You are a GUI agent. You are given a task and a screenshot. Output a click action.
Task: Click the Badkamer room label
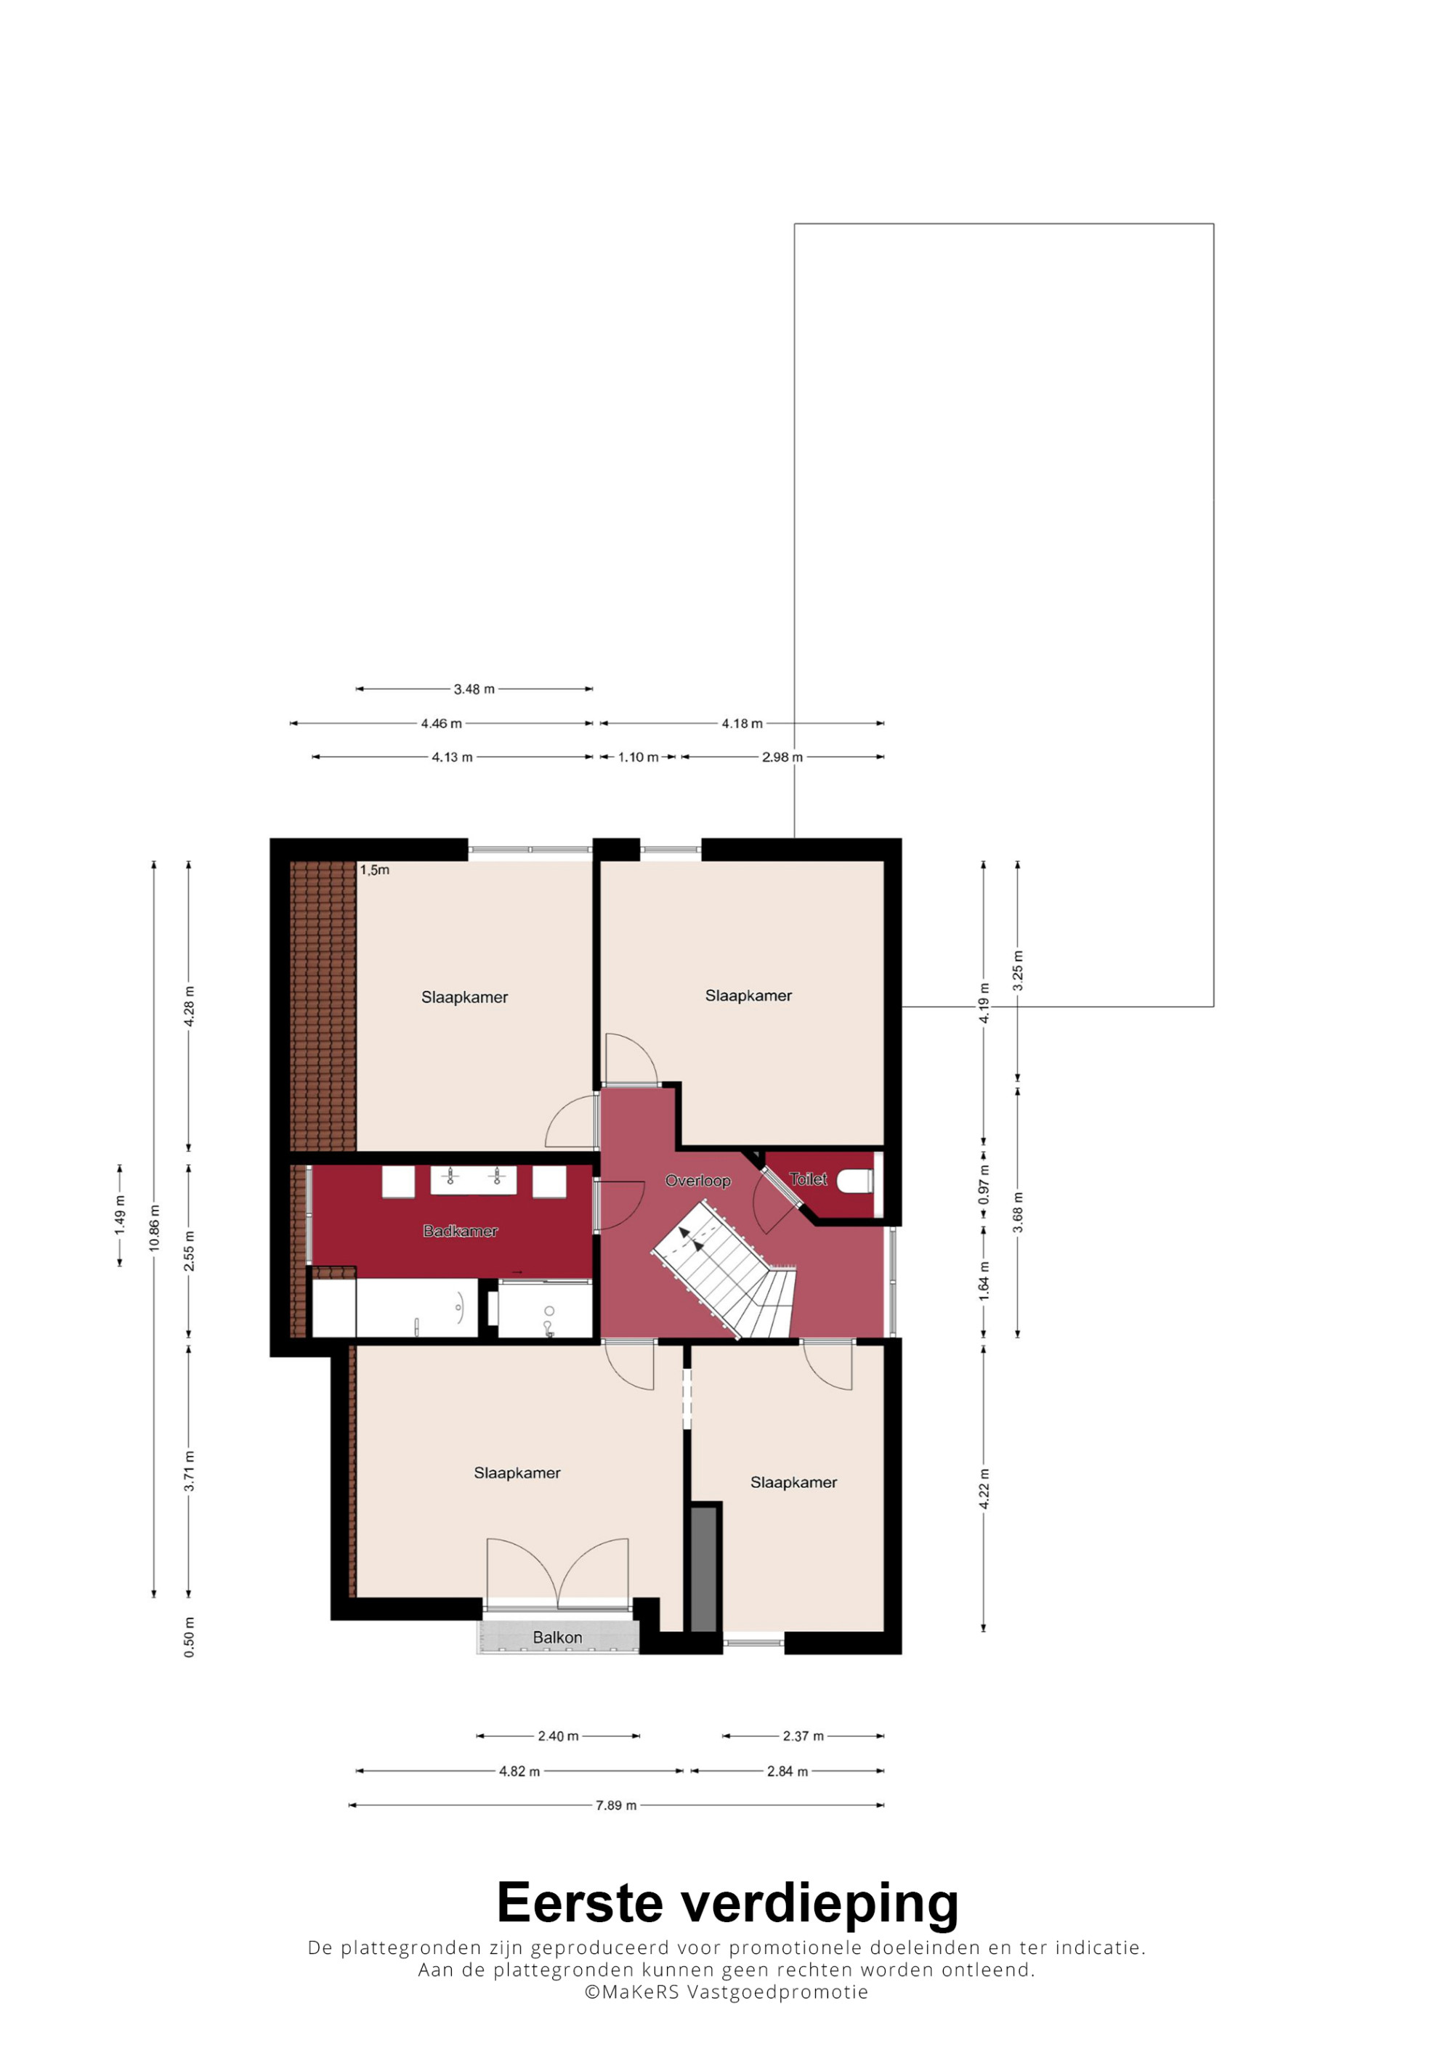click(x=460, y=1231)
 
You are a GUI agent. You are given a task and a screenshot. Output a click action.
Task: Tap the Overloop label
click(x=697, y=1181)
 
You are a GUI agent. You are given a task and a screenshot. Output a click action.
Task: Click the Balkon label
click(x=556, y=1637)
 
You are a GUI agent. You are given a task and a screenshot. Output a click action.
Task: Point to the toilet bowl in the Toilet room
click(x=854, y=1182)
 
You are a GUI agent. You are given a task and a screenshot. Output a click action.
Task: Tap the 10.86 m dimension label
click(x=154, y=1228)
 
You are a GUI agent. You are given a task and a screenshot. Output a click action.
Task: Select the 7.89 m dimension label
click(x=616, y=1805)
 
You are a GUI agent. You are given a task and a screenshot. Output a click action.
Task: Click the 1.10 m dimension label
click(x=637, y=757)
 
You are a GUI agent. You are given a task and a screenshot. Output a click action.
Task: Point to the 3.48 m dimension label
click(x=474, y=689)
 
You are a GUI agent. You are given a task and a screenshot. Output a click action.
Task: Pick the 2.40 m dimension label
click(x=558, y=1736)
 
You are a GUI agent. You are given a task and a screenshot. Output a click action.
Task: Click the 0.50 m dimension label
click(x=189, y=1637)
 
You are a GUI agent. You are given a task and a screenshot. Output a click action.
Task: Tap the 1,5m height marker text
click(x=374, y=870)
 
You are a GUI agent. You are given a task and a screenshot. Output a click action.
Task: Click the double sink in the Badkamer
click(x=473, y=1180)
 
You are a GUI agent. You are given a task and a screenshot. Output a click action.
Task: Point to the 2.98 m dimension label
click(x=782, y=757)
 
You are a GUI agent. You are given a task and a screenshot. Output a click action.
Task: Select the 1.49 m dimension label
click(x=120, y=1216)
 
